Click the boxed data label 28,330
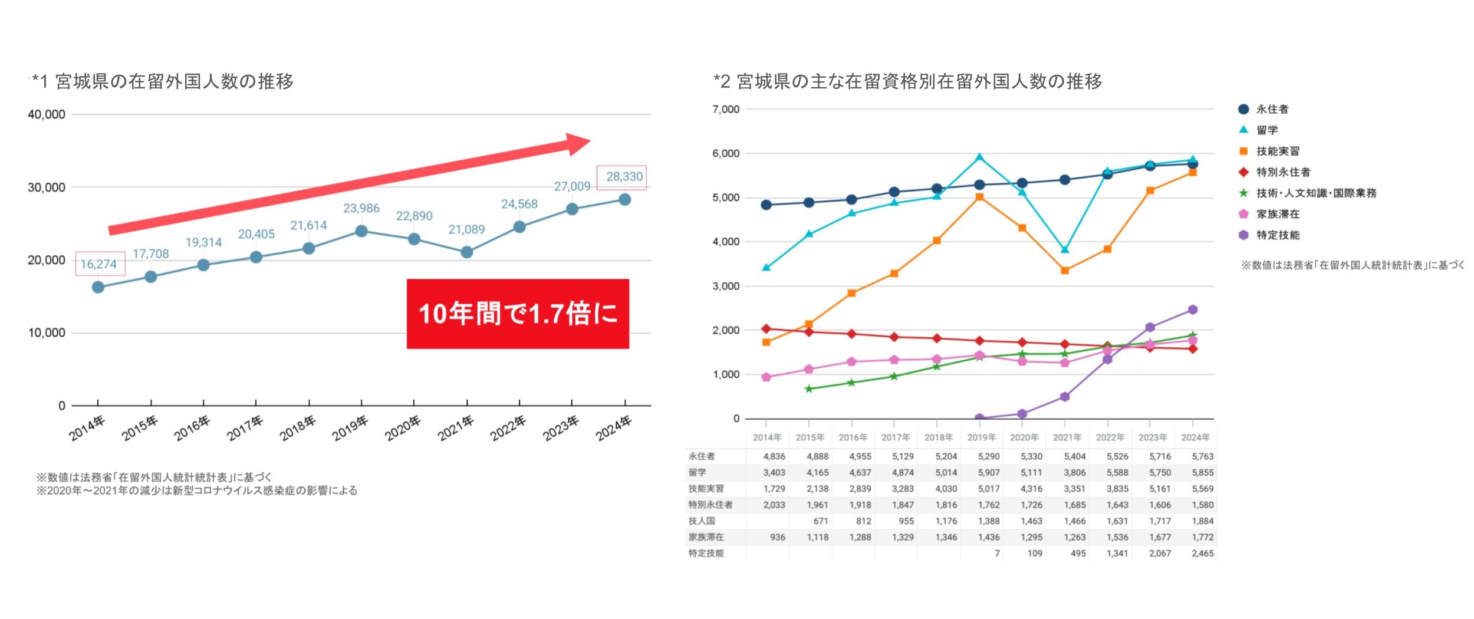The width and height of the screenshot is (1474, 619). [x=624, y=177]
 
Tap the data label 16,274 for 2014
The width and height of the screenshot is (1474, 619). [x=99, y=264]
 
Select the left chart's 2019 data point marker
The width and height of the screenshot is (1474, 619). [x=361, y=231]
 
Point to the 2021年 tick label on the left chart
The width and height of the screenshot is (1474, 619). [x=456, y=429]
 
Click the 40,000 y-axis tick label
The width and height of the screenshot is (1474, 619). [x=47, y=114]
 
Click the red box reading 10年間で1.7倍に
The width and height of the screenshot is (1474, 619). [x=518, y=314]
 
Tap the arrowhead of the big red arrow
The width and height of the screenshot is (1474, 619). [x=577, y=143]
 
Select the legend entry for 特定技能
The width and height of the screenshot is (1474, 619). [x=1278, y=235]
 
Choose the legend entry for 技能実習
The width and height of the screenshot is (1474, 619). [x=1278, y=152]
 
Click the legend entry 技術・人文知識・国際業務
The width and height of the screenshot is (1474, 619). [x=1316, y=193]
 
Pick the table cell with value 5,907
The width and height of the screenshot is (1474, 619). [x=989, y=473]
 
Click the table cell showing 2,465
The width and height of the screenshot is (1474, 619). [x=1203, y=554]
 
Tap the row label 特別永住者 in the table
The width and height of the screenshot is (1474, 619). [x=710, y=505]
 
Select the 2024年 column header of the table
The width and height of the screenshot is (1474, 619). [x=1195, y=437]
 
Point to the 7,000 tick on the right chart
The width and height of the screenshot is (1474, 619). [x=726, y=110]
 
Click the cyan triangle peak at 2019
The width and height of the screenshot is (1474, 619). [x=979, y=157]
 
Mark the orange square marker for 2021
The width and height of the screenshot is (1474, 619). [x=1065, y=271]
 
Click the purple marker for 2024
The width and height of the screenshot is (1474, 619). [x=1193, y=309]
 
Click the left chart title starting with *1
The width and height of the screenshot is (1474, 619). [x=163, y=81]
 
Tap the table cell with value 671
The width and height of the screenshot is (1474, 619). [x=820, y=521]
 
